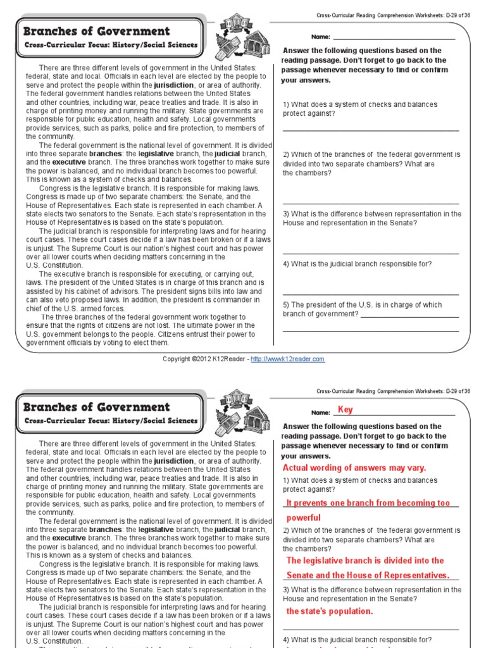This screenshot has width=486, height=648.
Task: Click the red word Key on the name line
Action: [x=346, y=410]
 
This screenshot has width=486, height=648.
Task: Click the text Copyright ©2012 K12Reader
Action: [x=205, y=359]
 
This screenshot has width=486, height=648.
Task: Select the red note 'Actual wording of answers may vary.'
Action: [x=354, y=468]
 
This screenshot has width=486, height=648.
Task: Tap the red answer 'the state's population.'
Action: [x=330, y=611]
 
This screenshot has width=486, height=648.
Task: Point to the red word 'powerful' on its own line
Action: [x=304, y=518]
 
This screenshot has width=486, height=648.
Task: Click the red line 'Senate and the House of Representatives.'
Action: [x=368, y=575]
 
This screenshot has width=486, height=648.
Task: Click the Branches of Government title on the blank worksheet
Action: [x=96, y=31]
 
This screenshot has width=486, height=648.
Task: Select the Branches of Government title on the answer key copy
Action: [x=96, y=407]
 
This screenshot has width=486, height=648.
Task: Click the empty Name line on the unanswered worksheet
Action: [x=394, y=37]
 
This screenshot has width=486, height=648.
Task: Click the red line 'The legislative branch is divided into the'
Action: [x=365, y=561]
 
